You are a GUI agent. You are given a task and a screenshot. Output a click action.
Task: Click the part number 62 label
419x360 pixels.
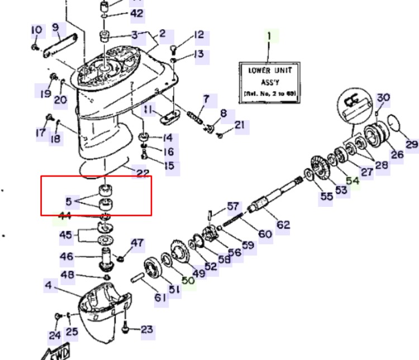(x=283, y=225)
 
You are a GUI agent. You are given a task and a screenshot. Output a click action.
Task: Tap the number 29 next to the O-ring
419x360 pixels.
(x=412, y=145)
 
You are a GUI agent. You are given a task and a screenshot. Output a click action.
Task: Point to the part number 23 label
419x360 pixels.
(x=146, y=329)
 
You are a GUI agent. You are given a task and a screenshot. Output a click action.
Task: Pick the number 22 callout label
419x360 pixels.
(x=143, y=173)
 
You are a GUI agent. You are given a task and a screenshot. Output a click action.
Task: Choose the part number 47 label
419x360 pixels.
(x=137, y=243)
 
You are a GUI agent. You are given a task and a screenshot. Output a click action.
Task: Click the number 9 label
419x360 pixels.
(x=55, y=27)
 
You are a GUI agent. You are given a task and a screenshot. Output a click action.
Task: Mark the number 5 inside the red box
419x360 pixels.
(x=68, y=200)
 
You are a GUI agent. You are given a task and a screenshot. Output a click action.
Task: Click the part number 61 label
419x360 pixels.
(x=161, y=297)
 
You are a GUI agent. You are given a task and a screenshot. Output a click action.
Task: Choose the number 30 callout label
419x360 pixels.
(x=383, y=98)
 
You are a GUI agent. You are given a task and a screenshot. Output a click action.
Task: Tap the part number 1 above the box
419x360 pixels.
(x=269, y=37)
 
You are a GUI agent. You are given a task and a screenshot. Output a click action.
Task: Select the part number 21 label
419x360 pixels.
(x=239, y=125)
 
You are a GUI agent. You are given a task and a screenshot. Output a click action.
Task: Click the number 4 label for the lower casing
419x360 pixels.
(x=49, y=286)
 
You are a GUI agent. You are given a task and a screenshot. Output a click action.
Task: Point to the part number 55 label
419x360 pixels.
(x=326, y=197)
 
